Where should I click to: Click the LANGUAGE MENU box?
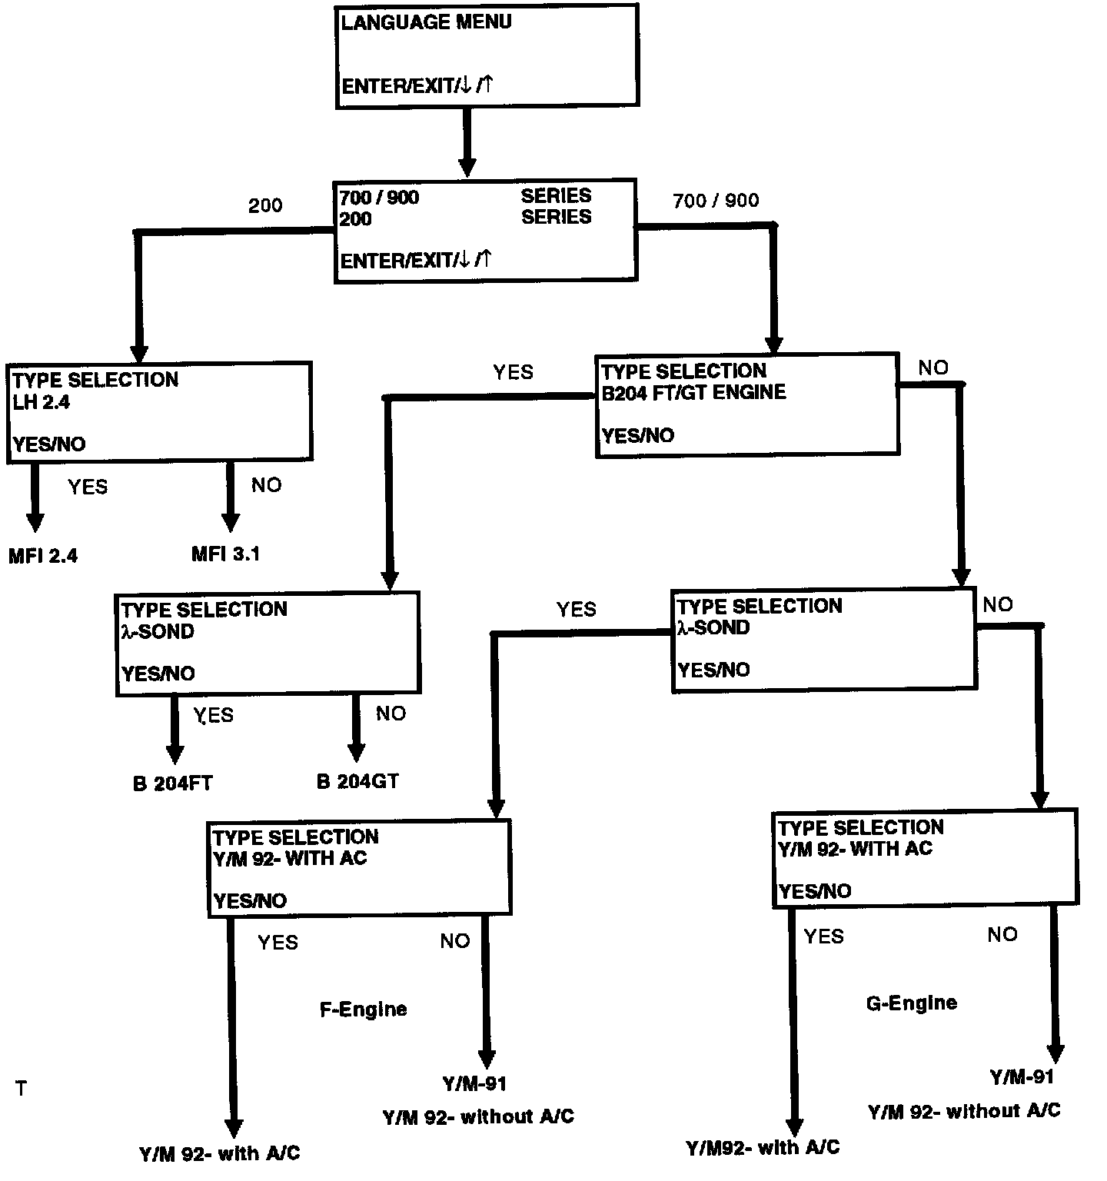(x=487, y=55)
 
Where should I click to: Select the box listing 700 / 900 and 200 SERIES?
(x=486, y=230)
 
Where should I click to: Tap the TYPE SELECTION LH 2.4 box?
(x=159, y=412)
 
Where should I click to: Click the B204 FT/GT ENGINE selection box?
(x=747, y=404)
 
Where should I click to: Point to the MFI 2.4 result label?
(x=43, y=555)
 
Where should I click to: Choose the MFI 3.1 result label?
(x=225, y=554)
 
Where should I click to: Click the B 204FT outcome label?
(x=172, y=783)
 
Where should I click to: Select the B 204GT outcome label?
(x=357, y=782)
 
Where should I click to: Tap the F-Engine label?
(x=363, y=1009)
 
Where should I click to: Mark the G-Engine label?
(x=911, y=1003)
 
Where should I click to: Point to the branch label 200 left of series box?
(x=265, y=205)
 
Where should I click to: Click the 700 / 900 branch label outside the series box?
(x=716, y=201)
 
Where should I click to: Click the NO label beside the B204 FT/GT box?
(x=933, y=368)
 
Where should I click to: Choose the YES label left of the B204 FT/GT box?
(x=513, y=372)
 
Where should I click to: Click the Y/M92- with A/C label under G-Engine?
(x=763, y=1148)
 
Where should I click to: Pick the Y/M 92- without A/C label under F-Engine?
(x=478, y=1116)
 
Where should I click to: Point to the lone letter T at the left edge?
(x=21, y=1089)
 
